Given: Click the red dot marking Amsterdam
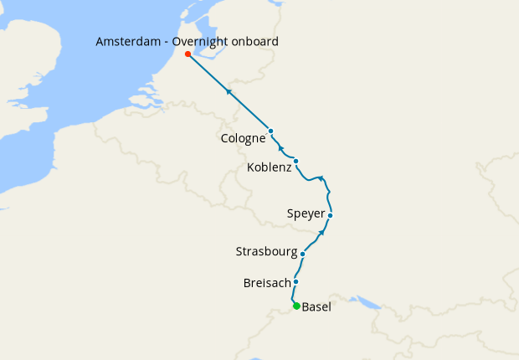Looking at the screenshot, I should coord(188,54).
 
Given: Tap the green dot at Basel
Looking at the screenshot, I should coord(296,306).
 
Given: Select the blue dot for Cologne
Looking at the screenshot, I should coord(271,131).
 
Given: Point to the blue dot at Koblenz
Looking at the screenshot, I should coord(296,161).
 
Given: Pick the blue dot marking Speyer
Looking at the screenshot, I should coord(331,215).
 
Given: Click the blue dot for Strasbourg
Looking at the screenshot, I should coord(302,253).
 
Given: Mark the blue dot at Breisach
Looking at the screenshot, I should coord(296,282).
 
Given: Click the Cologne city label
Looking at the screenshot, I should coord(244,139).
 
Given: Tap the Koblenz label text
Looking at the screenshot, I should coord(270,168).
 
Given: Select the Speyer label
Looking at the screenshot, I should coord(306,214).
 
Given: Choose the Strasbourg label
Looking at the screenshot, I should coord(267,252).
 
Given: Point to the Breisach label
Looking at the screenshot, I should coord(267,283).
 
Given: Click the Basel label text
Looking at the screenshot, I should coord(316,307).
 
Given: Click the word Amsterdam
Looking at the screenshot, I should coord(129,42).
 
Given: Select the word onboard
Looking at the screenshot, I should coord(257,42).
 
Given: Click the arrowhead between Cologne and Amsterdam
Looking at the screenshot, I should coord(228,90).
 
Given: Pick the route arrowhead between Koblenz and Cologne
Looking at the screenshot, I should coord(281,147).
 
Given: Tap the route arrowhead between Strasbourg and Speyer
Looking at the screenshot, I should coord(323,232).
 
